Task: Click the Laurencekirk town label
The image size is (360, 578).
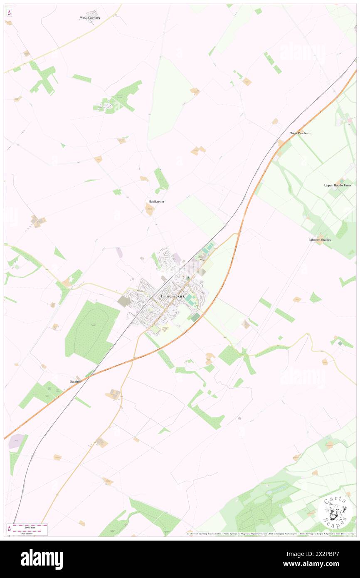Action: [x=173, y=296]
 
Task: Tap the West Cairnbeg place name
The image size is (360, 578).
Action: [x=90, y=17]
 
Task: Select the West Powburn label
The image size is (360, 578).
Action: [x=300, y=133]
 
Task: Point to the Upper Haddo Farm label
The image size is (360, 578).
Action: [x=338, y=185]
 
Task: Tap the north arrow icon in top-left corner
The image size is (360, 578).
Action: [x=9, y=12]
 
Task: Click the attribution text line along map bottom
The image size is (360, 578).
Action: [x=270, y=534]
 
